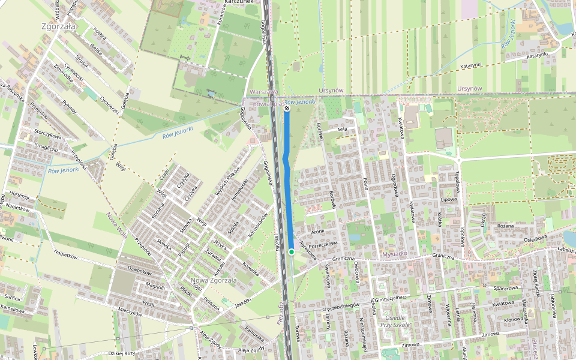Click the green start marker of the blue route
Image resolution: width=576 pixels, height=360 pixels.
291,252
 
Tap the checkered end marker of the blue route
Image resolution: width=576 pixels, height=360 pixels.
287,109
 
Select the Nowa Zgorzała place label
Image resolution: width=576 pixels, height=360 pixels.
214,280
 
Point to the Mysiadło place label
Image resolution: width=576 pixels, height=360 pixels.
394,254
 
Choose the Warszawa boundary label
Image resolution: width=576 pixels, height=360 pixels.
264,91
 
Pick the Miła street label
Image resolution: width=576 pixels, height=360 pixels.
343,128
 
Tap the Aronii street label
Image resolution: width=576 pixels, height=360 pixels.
317,231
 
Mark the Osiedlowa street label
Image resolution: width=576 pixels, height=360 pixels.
536,238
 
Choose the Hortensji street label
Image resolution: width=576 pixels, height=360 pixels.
19,196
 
